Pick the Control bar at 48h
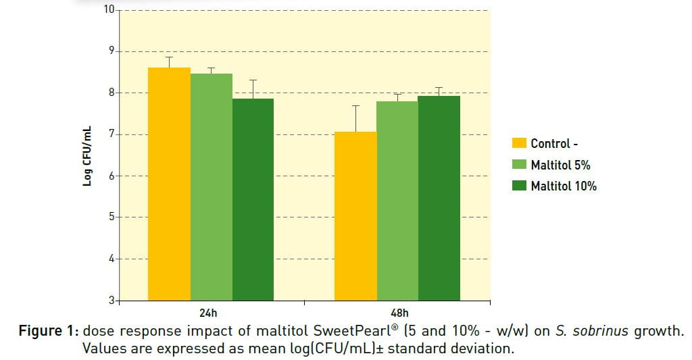pyautogui.click(x=355, y=216)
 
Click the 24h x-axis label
pyautogui.click(x=209, y=313)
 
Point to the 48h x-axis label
pyautogui.click(x=399, y=313)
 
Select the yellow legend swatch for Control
pyautogui.click(x=519, y=143)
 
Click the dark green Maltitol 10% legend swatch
pyautogui.click(x=519, y=186)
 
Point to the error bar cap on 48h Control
pyautogui.click(x=355, y=106)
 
